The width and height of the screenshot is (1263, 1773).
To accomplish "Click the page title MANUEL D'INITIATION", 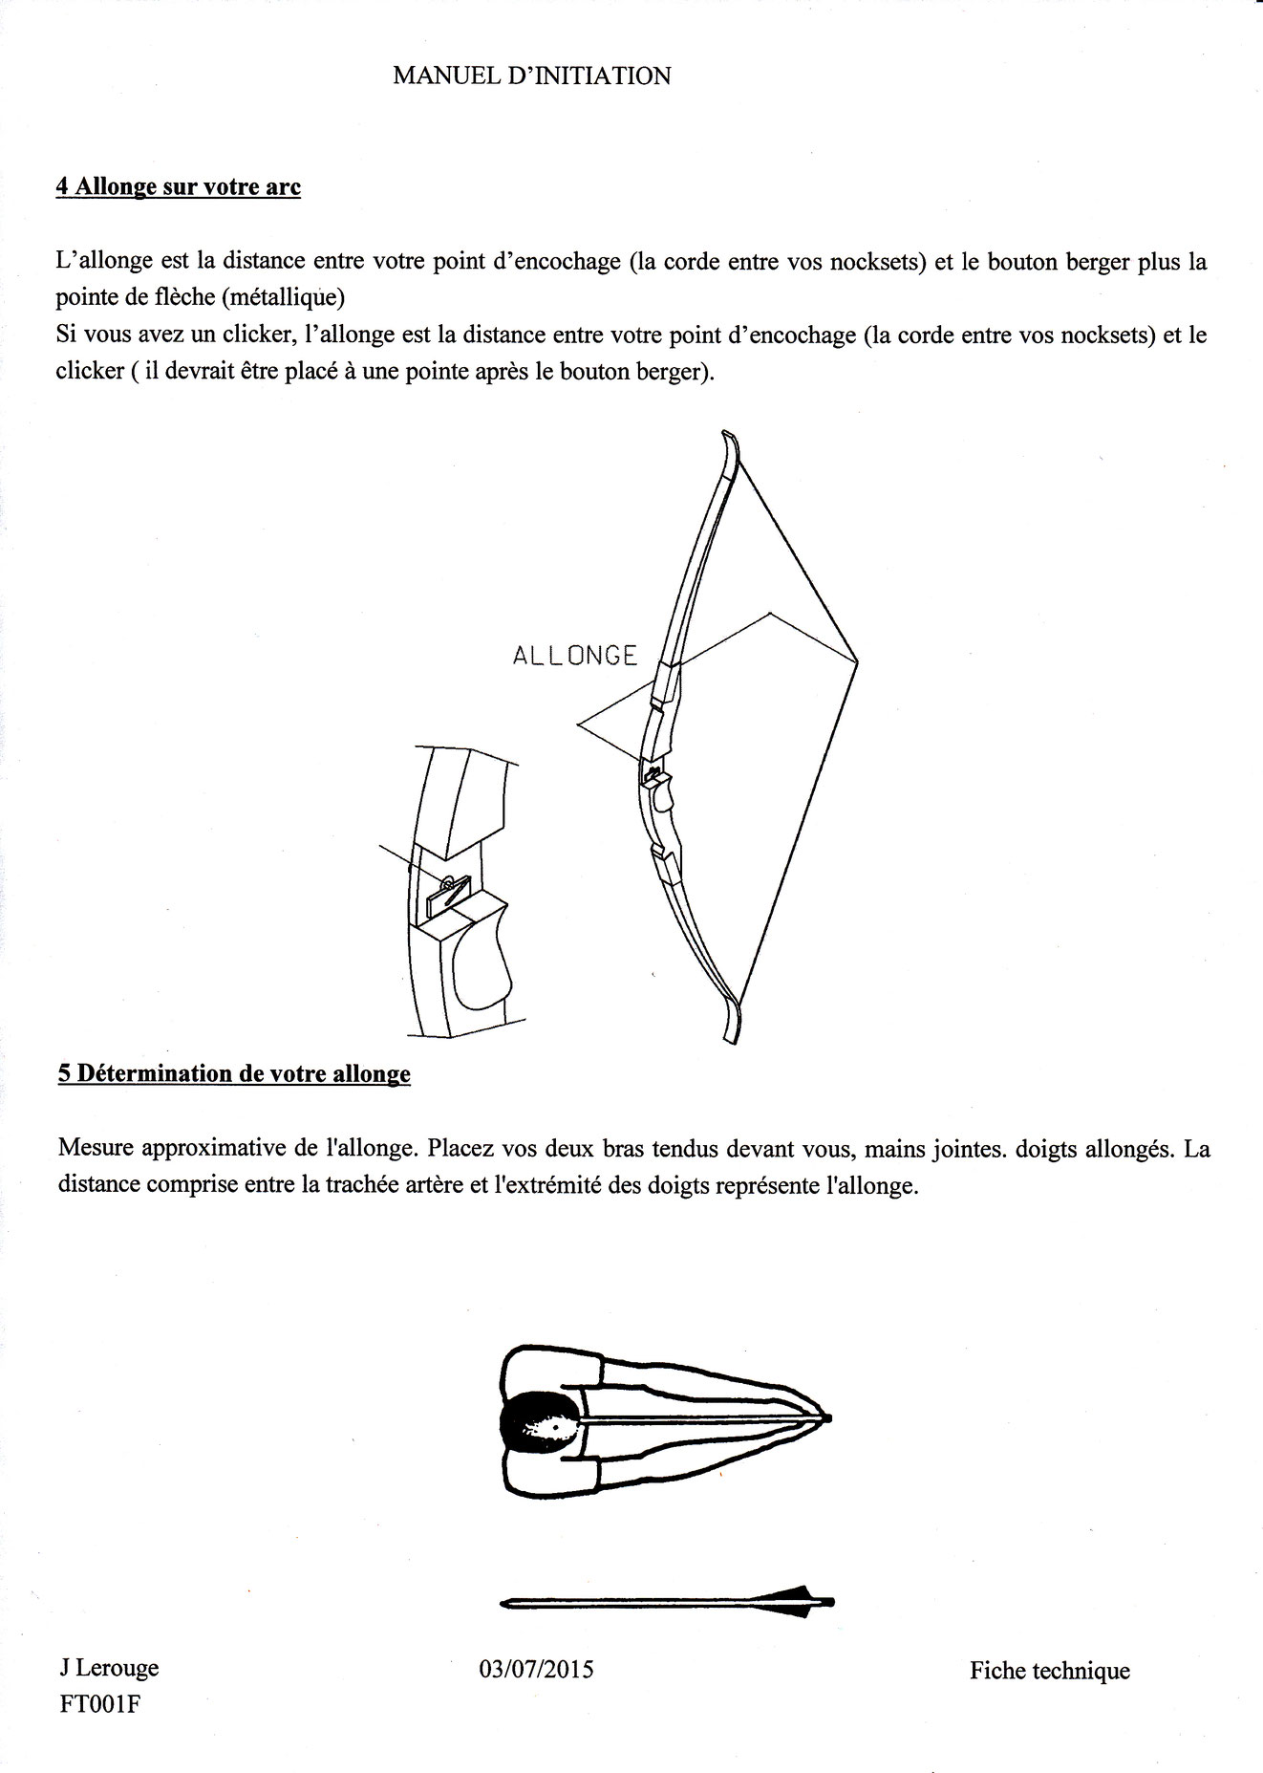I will (531, 76).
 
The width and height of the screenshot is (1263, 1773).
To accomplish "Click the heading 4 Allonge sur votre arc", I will (179, 186).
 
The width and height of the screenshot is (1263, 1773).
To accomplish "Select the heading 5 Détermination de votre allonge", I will (234, 1073).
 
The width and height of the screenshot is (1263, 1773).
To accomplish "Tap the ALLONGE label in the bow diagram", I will (574, 656).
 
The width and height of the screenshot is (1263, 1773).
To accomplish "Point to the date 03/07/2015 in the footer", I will (536, 1669).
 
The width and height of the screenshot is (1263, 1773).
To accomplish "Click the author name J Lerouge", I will (108, 1668).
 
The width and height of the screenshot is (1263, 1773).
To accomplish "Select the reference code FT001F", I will (100, 1704).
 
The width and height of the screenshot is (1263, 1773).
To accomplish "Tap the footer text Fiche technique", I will (1049, 1671).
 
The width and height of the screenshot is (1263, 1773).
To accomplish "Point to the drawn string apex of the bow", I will (856, 659).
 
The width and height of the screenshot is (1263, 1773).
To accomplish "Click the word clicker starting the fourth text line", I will (89, 371).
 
